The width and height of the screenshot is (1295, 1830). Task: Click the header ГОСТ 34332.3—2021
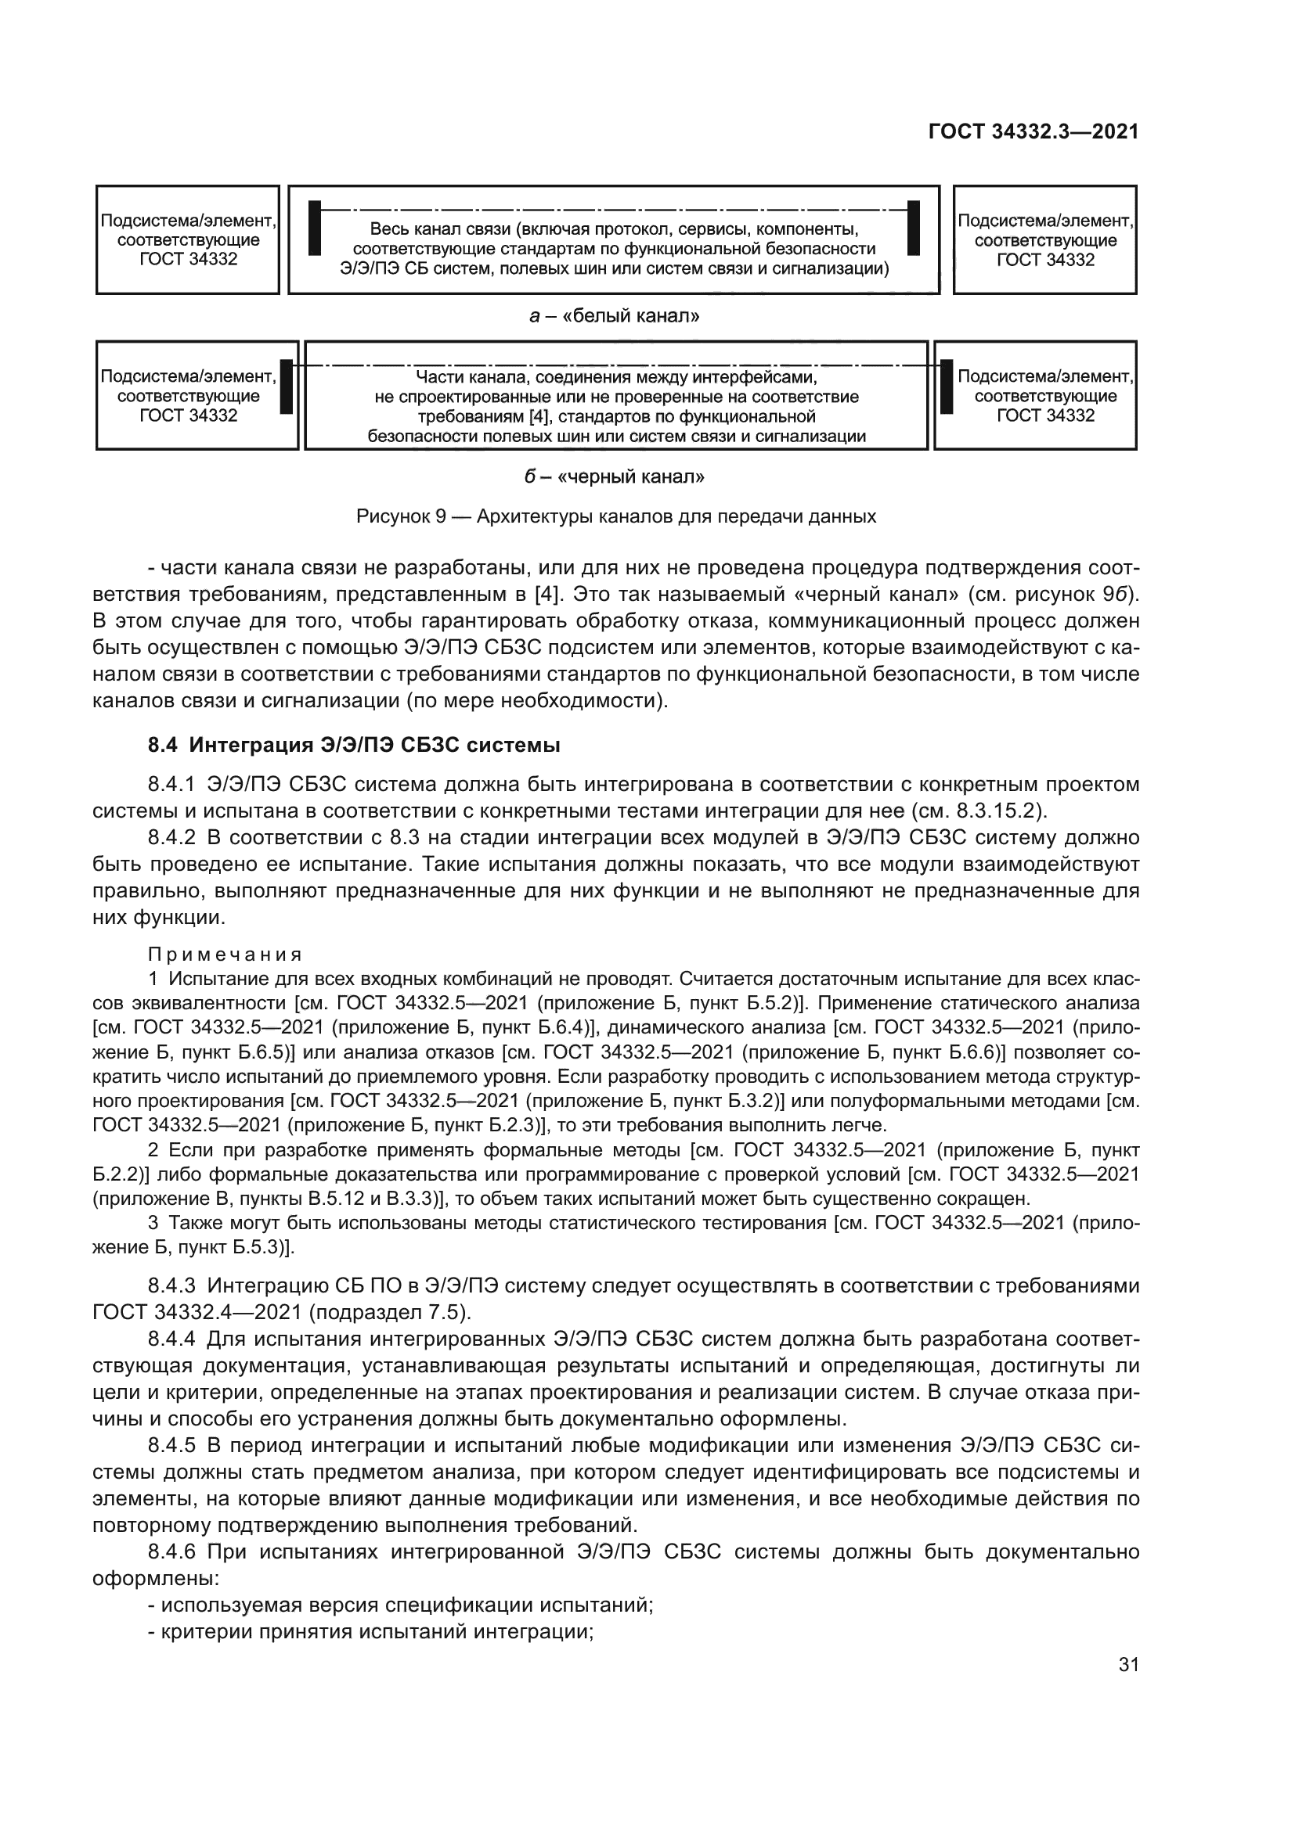pos(1033,131)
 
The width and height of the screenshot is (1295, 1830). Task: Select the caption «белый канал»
pos(614,316)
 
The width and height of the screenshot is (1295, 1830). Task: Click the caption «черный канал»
pos(614,476)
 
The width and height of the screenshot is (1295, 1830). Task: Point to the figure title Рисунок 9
pos(615,516)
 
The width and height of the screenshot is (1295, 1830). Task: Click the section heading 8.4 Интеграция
pos(354,746)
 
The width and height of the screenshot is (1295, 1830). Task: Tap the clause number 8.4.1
pos(171,784)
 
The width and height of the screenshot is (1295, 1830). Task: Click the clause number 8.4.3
pos(171,1285)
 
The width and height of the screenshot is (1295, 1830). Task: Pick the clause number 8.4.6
pos(171,1551)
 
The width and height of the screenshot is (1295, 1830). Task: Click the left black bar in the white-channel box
pos(315,228)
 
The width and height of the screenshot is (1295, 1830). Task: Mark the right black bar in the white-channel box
pos(914,228)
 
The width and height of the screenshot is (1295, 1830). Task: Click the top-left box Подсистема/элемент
pos(188,240)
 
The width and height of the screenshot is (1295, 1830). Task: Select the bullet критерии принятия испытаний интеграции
pos(377,1631)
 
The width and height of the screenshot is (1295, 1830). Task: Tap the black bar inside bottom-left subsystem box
pos(287,386)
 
